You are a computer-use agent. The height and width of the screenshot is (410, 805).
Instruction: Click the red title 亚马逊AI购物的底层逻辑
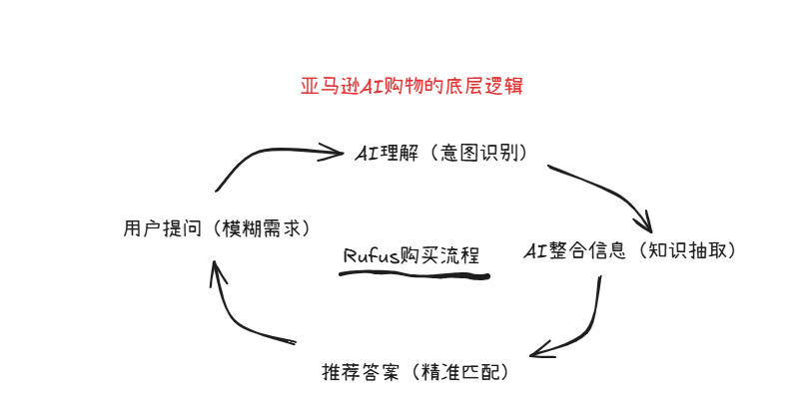point(412,87)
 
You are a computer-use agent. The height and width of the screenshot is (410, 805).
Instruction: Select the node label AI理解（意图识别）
point(440,154)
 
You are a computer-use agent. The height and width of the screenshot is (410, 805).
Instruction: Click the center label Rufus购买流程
point(411,255)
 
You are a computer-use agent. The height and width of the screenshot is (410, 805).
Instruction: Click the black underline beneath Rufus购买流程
point(413,272)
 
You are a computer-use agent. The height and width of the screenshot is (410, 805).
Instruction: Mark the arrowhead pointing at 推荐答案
point(539,351)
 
